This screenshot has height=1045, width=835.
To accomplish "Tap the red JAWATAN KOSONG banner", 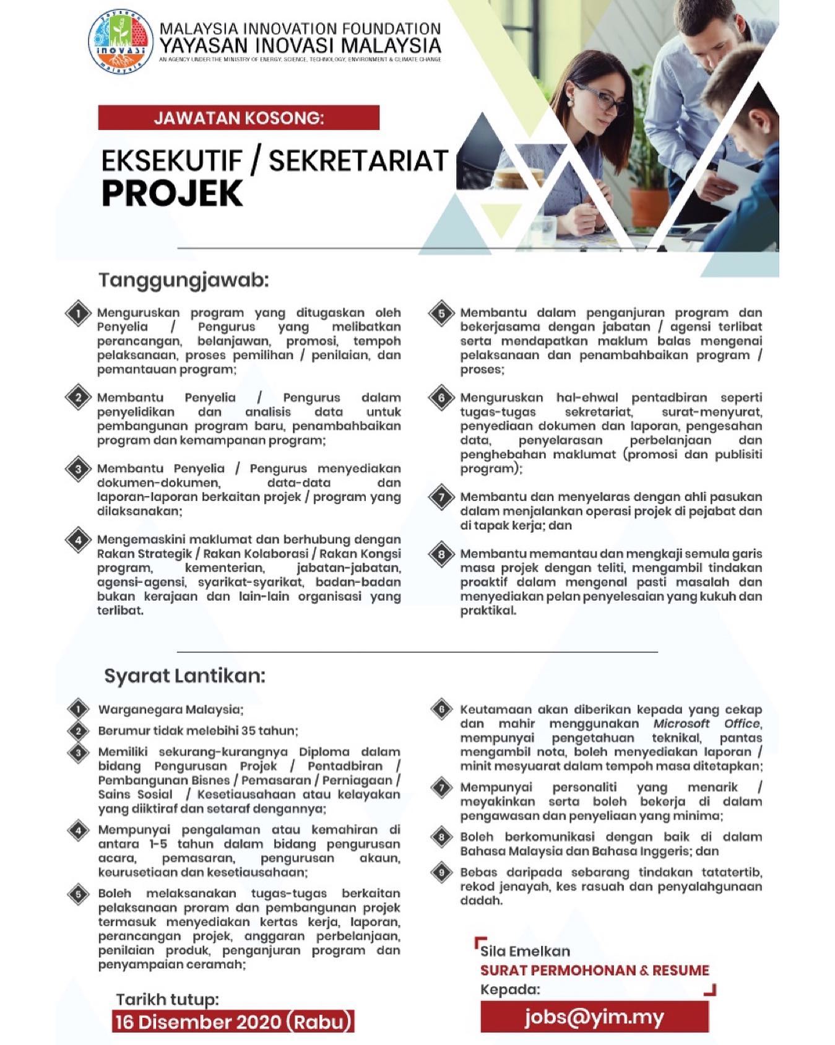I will [x=238, y=118].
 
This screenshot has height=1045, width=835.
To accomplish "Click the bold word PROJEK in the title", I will [x=172, y=193].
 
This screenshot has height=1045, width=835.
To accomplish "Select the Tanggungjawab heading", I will [x=184, y=281].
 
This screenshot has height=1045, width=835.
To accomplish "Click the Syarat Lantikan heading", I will [x=184, y=675].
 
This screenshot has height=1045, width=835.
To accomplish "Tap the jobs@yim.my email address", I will [x=594, y=1017].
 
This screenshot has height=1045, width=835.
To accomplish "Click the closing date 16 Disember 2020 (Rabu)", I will [x=233, y=1021].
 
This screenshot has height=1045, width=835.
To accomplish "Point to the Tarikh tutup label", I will [x=167, y=999].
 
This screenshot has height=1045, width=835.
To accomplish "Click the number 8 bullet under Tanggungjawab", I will [x=441, y=554].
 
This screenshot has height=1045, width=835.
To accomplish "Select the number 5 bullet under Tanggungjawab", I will [x=441, y=313].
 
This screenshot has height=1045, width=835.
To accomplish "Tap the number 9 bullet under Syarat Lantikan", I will [x=441, y=873].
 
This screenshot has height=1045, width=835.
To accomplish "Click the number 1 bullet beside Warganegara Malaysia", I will [x=79, y=709].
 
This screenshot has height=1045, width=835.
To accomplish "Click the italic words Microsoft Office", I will [x=706, y=724].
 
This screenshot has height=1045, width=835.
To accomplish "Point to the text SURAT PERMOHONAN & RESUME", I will [x=595, y=970].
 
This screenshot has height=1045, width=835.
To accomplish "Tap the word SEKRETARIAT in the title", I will [x=358, y=161].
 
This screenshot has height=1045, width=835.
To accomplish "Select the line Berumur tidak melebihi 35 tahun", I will [x=198, y=730].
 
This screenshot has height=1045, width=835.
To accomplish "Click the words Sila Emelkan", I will [x=526, y=951].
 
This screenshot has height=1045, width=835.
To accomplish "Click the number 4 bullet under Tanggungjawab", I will [x=79, y=540].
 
